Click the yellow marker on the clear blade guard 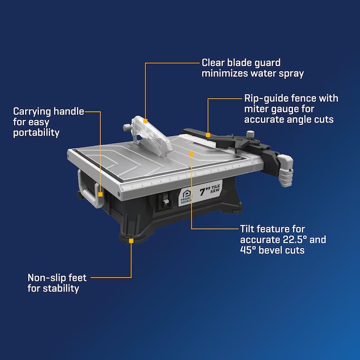pyautogui.click(x=145, y=121)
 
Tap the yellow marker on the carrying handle pyautogui.click(x=100, y=194)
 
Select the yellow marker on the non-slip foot pyautogui.click(x=131, y=241)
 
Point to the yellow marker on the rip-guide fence pyautogui.click(x=208, y=135)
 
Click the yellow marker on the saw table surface pyautogui.click(x=191, y=154)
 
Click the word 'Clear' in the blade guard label pyautogui.click(x=213, y=62)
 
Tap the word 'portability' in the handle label pyautogui.click(x=36, y=133)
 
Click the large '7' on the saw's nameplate pyautogui.click(x=202, y=191)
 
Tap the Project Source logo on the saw pyautogui.click(x=186, y=197)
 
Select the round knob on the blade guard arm pyautogui.click(x=127, y=128)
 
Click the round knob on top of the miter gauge pyautogui.click(x=250, y=133)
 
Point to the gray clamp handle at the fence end pyautogui.click(x=285, y=170)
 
